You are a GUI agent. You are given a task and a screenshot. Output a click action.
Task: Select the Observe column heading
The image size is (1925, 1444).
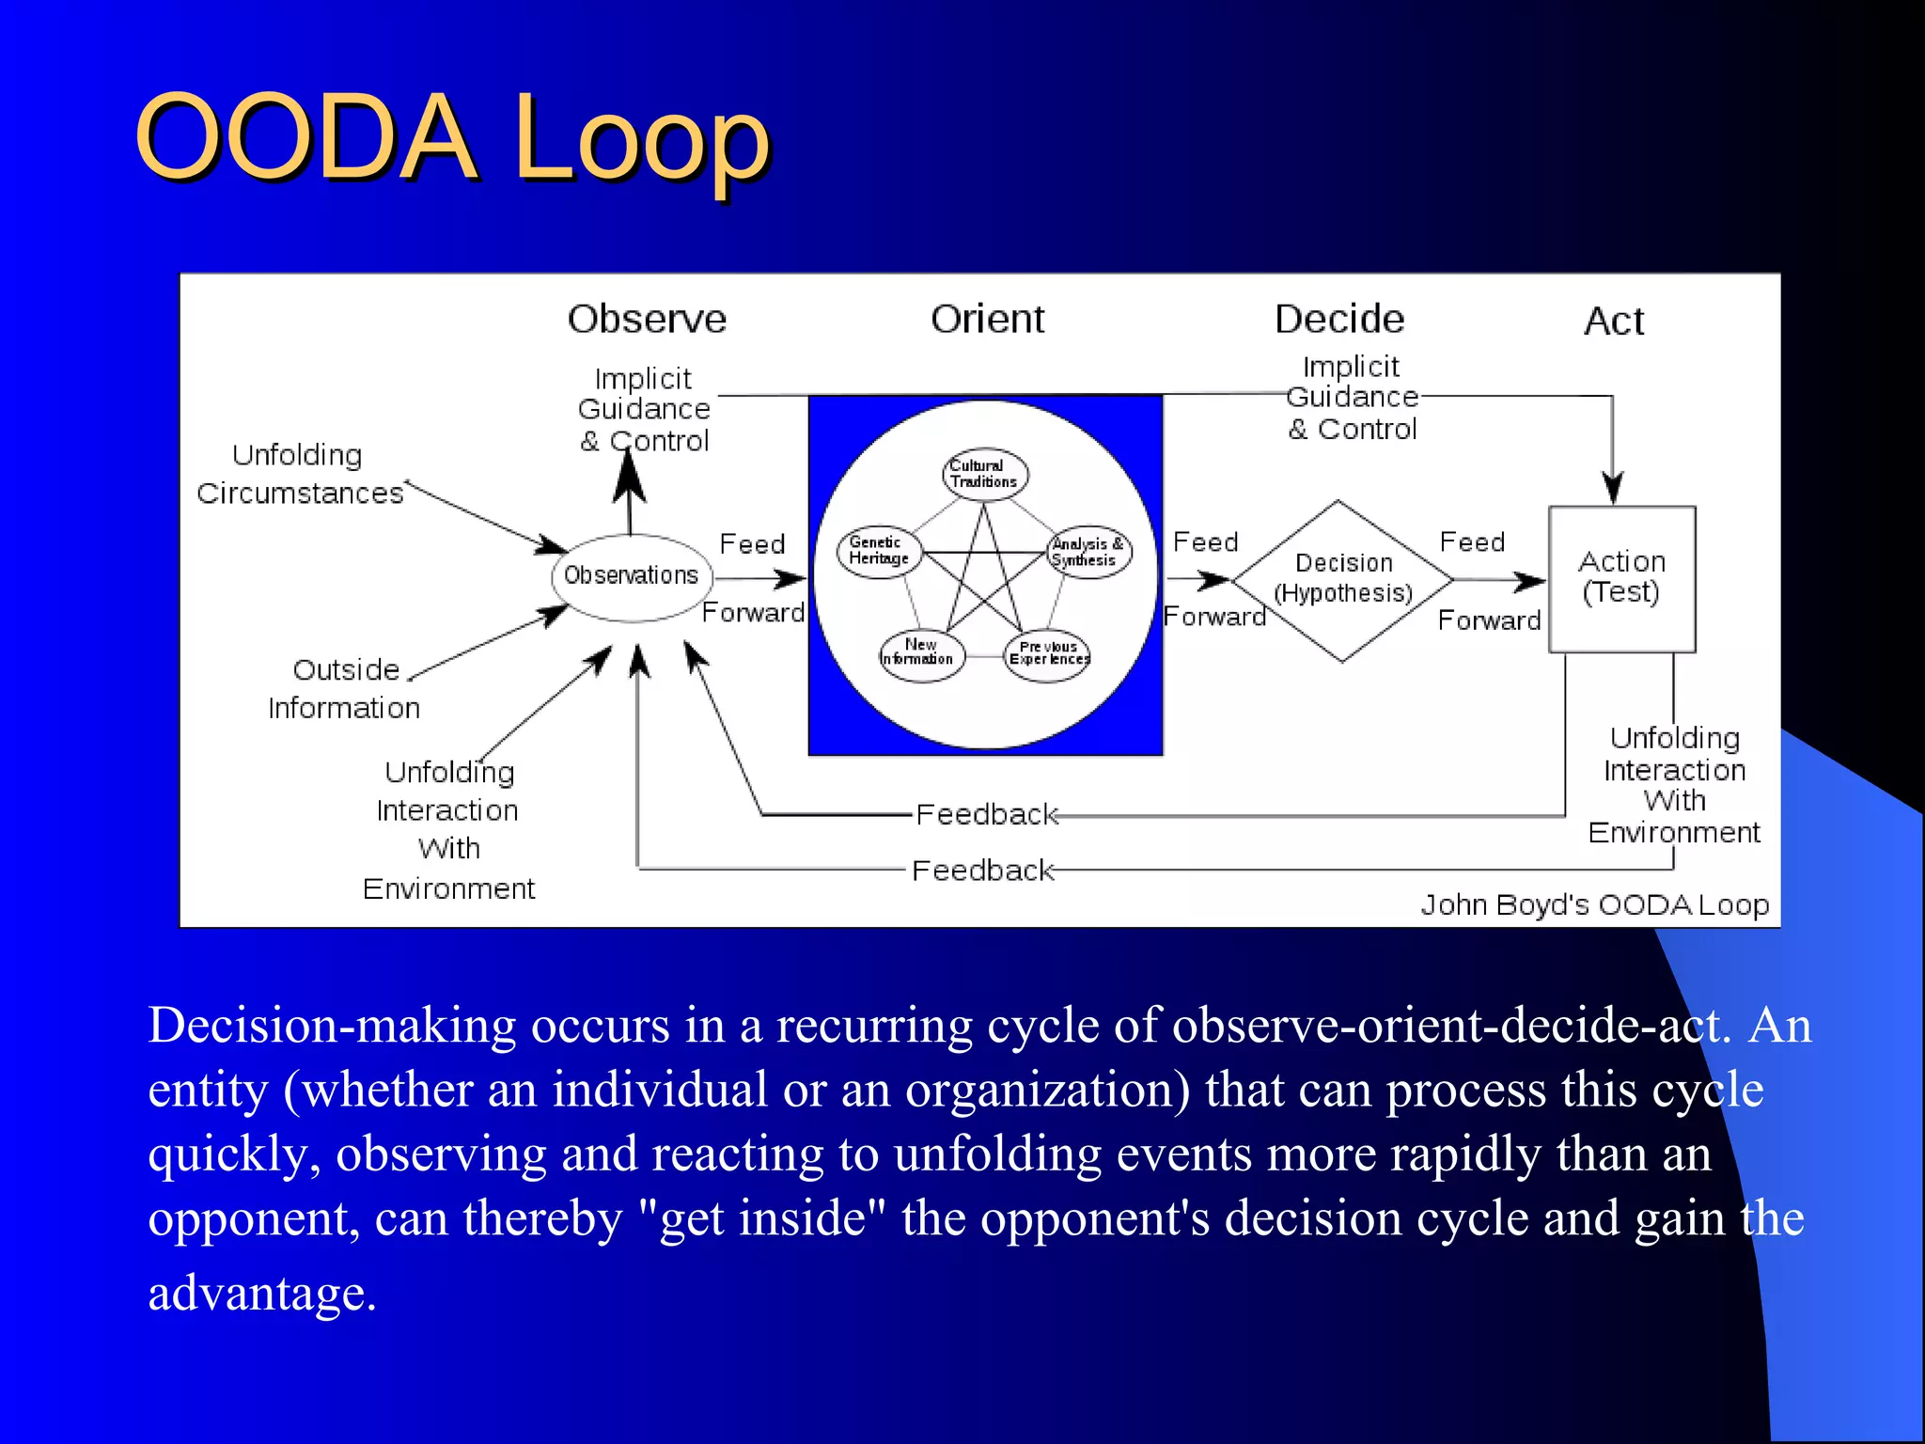click(647, 320)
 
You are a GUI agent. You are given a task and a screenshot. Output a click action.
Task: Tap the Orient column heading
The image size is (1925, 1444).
click(987, 320)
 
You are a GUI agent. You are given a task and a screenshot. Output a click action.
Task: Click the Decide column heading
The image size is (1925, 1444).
click(1339, 320)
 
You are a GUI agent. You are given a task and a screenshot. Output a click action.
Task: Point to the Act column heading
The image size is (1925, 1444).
click(1613, 322)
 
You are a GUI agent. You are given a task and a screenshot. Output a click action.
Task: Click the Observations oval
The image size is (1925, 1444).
click(631, 576)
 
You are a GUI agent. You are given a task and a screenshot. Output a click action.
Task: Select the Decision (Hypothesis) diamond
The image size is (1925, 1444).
click(1343, 578)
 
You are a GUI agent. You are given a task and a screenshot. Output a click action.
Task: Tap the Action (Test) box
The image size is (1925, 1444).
click(1621, 578)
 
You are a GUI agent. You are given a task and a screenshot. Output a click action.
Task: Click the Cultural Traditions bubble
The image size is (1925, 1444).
click(984, 474)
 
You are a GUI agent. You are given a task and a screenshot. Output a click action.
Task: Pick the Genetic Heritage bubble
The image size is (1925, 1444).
click(879, 551)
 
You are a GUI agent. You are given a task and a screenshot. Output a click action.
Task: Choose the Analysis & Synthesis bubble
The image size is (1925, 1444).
click(1088, 552)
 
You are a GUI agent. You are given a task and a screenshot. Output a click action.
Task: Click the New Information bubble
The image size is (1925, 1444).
click(920, 652)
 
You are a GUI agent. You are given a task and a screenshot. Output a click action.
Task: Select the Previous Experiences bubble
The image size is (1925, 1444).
click(1047, 654)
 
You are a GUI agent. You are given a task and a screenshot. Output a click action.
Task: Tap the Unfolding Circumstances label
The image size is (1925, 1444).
click(299, 475)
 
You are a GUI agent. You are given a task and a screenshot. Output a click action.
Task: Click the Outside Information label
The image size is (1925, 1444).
click(344, 689)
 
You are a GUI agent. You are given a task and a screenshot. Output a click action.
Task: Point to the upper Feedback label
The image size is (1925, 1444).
click(986, 814)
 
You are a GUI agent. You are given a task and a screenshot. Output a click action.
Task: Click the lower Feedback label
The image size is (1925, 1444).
click(982, 871)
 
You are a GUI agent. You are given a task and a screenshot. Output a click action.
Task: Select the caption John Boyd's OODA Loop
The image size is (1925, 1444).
click(1594, 904)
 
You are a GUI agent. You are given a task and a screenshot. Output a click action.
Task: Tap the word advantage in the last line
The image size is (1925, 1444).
click(257, 1293)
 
